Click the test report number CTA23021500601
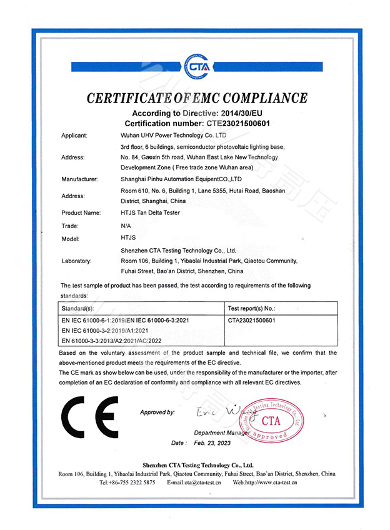[253, 319]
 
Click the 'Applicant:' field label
[74, 135]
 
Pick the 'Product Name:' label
[81, 212]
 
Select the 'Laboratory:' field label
[77, 260]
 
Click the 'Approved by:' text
[157, 412]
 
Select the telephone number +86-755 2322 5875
[127, 482]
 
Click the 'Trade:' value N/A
[126, 225]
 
